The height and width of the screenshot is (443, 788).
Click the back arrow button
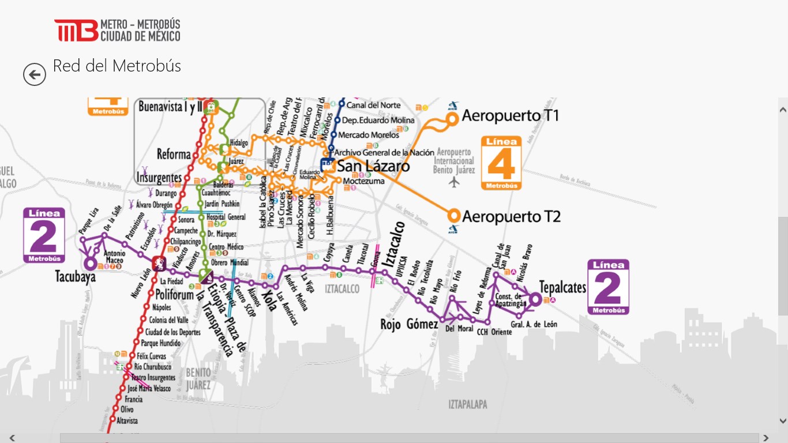coord(35,74)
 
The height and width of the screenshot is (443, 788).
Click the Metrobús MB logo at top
coord(76,31)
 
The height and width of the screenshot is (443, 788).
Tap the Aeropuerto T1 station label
coord(510,115)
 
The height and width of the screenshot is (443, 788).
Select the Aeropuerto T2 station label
coord(511,217)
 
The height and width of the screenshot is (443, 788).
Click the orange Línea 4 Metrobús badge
coord(501,163)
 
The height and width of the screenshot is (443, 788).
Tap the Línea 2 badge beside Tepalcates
coord(608,287)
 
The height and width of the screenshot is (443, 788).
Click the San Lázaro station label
coord(373,167)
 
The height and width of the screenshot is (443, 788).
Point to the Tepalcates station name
coord(562,287)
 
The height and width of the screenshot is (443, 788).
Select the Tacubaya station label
coord(76,277)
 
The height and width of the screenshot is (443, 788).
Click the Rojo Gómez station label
coord(408,324)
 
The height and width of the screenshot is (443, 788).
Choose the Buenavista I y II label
coord(171,107)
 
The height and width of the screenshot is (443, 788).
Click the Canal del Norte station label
coord(373,105)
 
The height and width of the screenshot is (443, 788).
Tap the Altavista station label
coord(127,421)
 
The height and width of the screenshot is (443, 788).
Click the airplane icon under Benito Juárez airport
coord(455,183)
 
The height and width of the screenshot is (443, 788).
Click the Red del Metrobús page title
coord(117,66)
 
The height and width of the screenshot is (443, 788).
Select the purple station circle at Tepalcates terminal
coord(535,299)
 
